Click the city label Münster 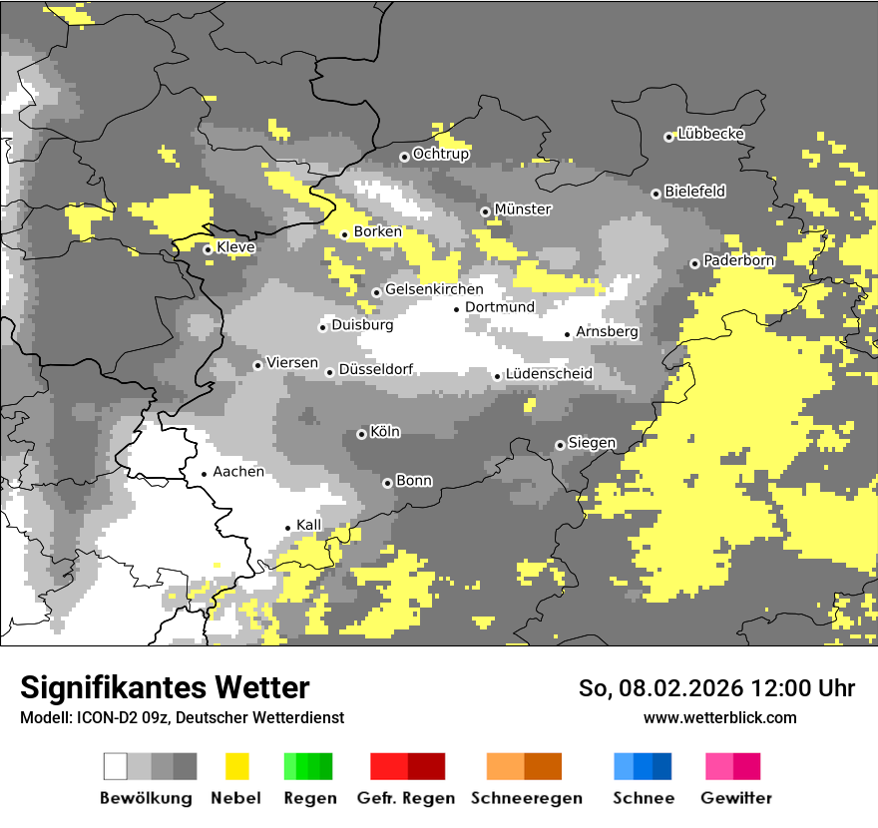point(523,209)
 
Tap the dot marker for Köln point(361,434)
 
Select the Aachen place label point(238,472)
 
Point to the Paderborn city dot point(694,263)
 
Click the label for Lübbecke point(710,134)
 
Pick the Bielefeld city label point(694,191)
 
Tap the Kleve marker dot point(208,249)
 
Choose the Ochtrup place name point(441,154)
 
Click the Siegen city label point(592,442)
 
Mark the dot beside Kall point(287,528)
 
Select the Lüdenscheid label point(549,374)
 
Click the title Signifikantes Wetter point(165,688)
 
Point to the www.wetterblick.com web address point(719,717)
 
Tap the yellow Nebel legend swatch point(236,766)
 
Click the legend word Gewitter point(735,798)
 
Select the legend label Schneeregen point(527,798)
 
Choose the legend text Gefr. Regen point(405,798)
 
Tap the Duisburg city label point(362,325)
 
